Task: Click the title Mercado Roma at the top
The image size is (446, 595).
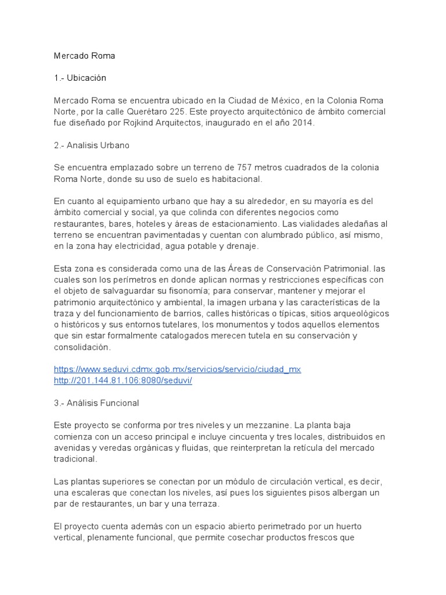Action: click(84, 56)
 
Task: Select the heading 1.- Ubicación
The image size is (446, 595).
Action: click(80, 78)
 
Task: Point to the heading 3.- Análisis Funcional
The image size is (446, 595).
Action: click(96, 403)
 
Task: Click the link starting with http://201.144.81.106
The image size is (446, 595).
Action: click(123, 381)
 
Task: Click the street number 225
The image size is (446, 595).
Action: click(218, 111)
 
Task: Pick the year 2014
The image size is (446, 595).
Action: click(300, 123)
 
